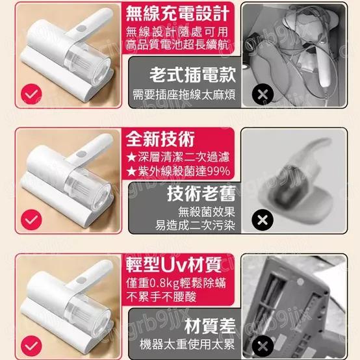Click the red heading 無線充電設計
click(x=179, y=14)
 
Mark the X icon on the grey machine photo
click(x=261, y=344)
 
